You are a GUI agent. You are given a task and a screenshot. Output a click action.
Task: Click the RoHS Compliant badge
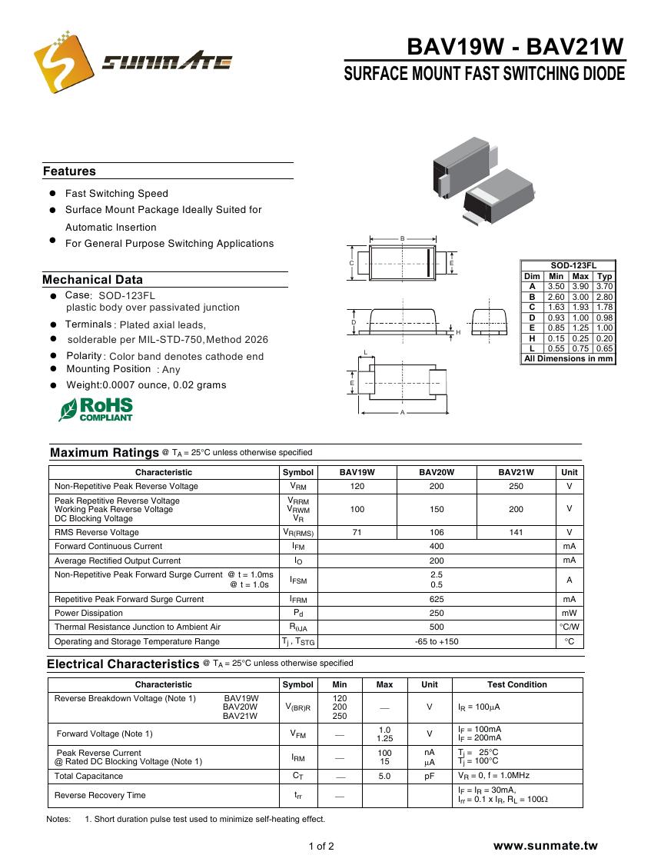pyautogui.click(x=96, y=409)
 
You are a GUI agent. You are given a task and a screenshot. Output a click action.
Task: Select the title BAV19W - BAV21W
pyautogui.click(x=515, y=47)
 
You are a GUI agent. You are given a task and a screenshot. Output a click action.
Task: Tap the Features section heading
pyautogui.click(x=69, y=171)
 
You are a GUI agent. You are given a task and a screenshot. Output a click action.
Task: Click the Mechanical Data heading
pyautogui.click(x=92, y=280)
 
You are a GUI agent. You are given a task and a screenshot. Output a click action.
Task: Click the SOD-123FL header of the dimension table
pyautogui.click(x=568, y=265)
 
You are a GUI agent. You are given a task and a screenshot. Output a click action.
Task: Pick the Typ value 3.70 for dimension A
pyautogui.click(x=605, y=286)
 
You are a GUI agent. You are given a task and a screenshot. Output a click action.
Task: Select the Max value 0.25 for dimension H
pyautogui.click(x=580, y=338)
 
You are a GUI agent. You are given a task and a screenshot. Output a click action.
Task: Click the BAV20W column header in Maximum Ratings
pyautogui.click(x=437, y=472)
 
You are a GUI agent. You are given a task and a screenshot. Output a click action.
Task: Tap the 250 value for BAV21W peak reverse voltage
pyautogui.click(x=516, y=486)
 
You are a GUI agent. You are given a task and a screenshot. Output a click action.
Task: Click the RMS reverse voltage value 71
pyautogui.click(x=357, y=532)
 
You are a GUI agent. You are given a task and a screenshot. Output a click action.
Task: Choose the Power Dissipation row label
pyautogui.click(x=88, y=613)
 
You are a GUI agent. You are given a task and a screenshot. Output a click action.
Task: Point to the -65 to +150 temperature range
pyautogui.click(x=437, y=641)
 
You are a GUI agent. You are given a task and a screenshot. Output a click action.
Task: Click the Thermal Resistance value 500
pyautogui.click(x=437, y=627)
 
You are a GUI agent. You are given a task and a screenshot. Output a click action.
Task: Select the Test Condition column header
pyautogui.click(x=516, y=684)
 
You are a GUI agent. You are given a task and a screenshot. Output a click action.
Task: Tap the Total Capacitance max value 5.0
pyautogui.click(x=384, y=777)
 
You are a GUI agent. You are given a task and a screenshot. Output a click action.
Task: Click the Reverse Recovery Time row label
pyautogui.click(x=100, y=795)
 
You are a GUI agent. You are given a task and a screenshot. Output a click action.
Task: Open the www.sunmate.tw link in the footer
pyautogui.click(x=545, y=846)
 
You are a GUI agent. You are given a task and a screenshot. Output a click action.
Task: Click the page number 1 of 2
pyautogui.click(x=321, y=847)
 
